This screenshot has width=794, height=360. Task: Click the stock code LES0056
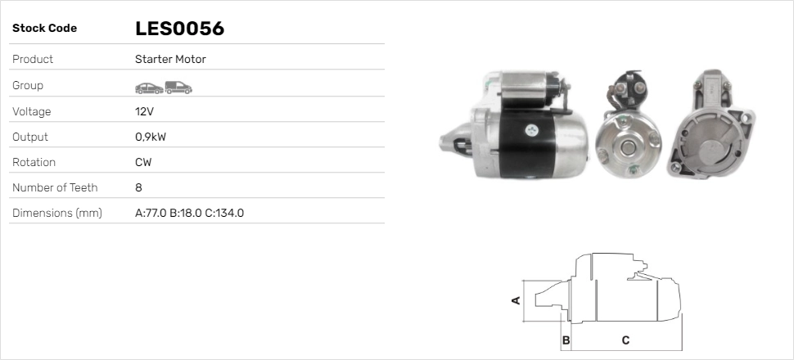(179, 29)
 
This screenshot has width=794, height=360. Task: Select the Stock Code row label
(44, 29)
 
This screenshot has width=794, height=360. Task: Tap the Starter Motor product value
(170, 60)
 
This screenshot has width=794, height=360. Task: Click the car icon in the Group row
(148, 87)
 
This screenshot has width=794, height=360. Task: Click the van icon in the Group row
(178, 87)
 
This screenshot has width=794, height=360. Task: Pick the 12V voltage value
(144, 111)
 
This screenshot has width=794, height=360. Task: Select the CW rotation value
(143, 163)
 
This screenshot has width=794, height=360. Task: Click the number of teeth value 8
(138, 188)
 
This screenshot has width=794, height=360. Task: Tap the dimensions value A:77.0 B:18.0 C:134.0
(189, 214)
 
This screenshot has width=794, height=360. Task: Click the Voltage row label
(31, 111)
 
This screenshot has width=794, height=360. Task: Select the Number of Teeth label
(55, 188)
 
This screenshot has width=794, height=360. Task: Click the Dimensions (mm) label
(56, 214)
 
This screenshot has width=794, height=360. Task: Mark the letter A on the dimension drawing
(516, 300)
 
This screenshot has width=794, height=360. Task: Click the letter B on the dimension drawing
(565, 340)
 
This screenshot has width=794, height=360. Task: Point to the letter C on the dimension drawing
(625, 340)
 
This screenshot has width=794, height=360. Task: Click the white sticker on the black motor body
(534, 129)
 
